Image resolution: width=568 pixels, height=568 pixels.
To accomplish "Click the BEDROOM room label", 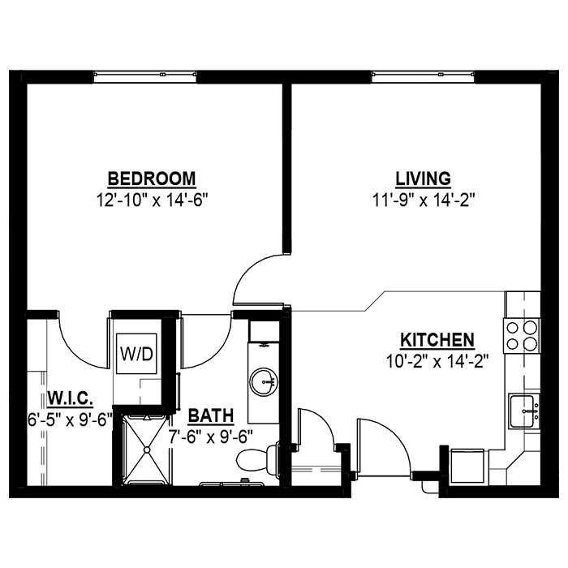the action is (x=152, y=179).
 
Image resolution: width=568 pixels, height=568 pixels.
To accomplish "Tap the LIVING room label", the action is (x=423, y=179).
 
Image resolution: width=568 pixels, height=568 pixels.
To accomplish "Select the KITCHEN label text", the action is (x=437, y=340).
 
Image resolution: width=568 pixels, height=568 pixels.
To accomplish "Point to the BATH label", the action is (x=211, y=415).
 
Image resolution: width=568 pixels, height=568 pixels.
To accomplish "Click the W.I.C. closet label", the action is (x=71, y=398).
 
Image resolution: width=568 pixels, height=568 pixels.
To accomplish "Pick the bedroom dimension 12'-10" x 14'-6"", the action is (x=153, y=200).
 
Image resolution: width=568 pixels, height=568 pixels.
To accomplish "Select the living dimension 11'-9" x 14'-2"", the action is (x=424, y=200).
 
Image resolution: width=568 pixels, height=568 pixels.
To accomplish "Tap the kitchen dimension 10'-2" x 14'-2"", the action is (x=438, y=361).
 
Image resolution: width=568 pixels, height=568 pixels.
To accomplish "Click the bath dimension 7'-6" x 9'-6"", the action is (x=210, y=437).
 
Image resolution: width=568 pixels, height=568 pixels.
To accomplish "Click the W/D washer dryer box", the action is (x=136, y=354).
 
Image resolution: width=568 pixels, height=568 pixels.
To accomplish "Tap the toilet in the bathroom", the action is (x=257, y=458).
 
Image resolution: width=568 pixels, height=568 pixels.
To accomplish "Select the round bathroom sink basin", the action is (x=264, y=382).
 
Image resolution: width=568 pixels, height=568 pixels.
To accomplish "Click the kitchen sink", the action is (x=523, y=411).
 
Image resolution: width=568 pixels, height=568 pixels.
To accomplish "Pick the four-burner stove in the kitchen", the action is (x=521, y=336).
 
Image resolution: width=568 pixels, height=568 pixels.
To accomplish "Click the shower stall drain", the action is (x=147, y=450).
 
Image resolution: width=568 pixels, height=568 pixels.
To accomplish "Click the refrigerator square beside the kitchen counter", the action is (x=467, y=467).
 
